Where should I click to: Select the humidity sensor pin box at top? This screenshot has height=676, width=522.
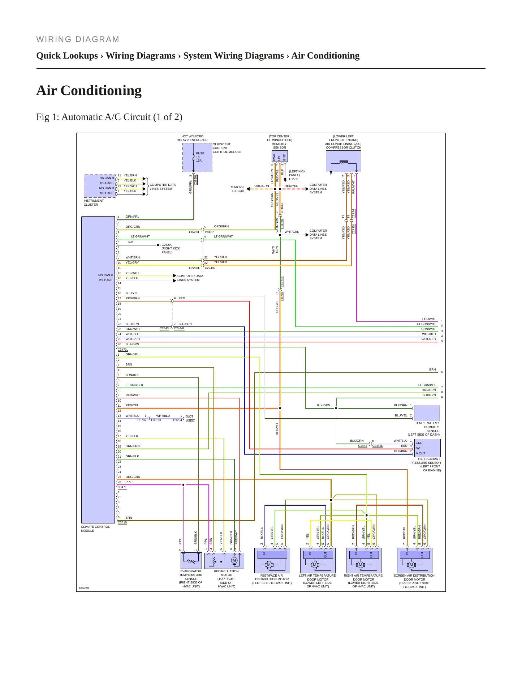click(280, 156)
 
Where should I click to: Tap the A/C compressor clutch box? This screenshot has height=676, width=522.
click(344, 161)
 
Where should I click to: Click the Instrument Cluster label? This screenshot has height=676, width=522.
click(94, 202)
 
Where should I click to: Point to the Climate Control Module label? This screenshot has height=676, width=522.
click(95, 529)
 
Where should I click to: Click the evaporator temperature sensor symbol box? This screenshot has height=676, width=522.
click(191, 561)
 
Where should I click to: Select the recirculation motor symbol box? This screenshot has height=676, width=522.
click(224, 561)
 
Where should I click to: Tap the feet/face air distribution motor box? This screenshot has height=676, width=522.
click(272, 560)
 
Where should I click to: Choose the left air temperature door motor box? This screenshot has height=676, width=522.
click(318, 560)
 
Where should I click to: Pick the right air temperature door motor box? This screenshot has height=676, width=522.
click(364, 560)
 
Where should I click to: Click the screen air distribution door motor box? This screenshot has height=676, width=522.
click(415, 560)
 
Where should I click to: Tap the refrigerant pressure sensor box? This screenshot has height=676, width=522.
click(427, 448)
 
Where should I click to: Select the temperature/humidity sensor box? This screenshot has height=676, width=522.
click(427, 413)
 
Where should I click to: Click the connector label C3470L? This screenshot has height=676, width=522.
click(123, 350)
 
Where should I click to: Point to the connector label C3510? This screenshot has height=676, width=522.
click(122, 522)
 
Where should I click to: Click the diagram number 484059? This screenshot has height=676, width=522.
click(84, 588)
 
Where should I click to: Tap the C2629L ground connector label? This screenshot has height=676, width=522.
click(167, 245)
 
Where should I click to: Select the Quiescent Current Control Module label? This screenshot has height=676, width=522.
click(227, 148)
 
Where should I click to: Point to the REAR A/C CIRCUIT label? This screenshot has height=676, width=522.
click(237, 189)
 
